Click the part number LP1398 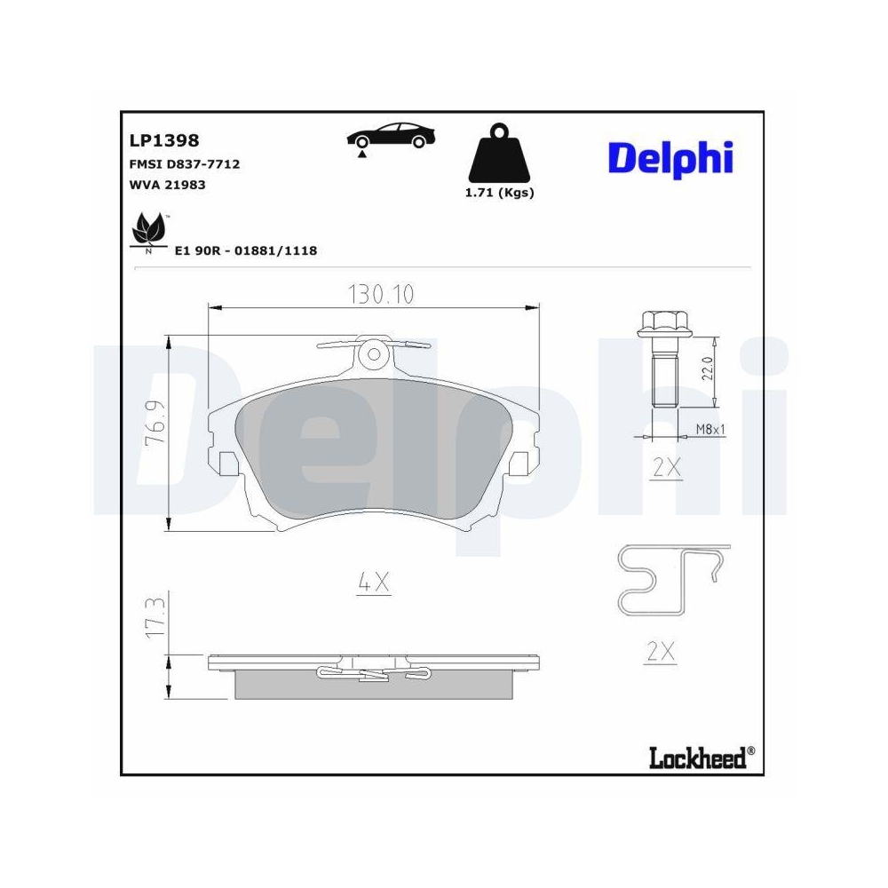[164, 140]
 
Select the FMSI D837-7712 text [185, 164]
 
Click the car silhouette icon [391, 138]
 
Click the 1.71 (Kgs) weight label [499, 193]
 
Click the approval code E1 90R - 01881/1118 [246, 251]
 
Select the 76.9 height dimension [156, 430]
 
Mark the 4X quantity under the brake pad [374, 583]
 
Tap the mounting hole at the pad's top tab [376, 354]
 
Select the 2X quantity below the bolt [665, 469]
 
